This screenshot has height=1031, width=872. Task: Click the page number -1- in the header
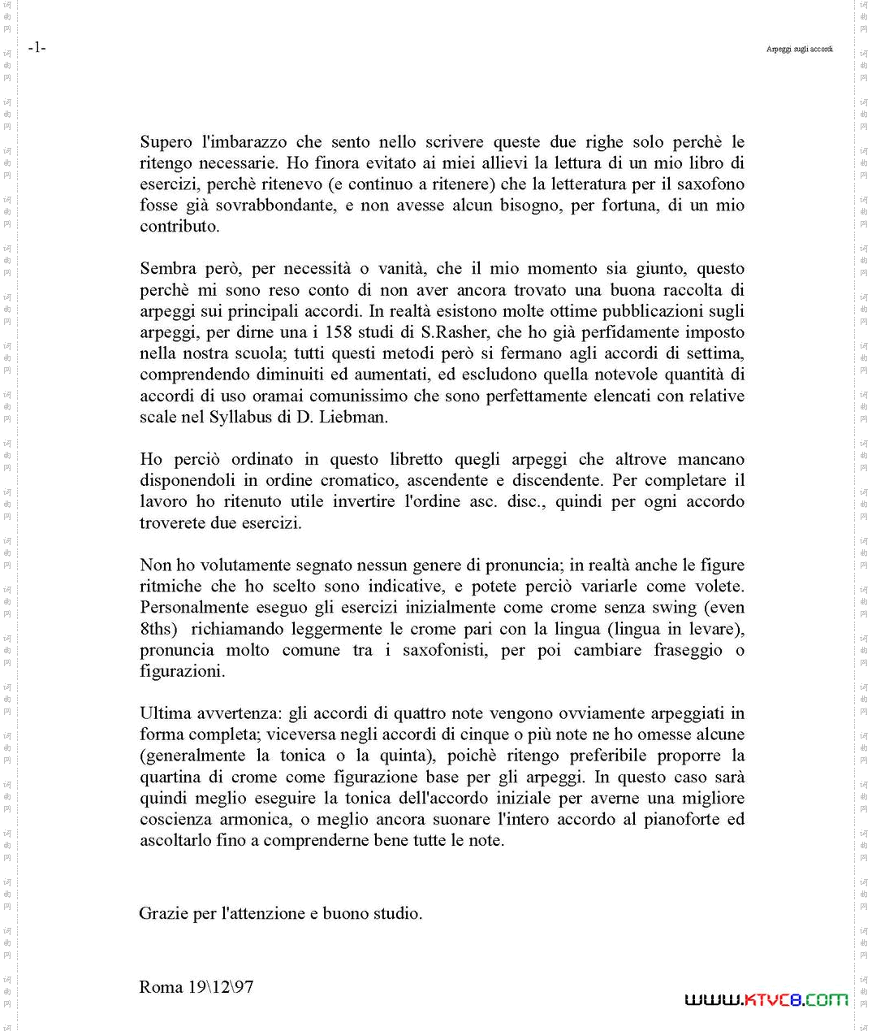point(37,48)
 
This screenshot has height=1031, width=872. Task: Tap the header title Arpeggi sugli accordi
point(799,50)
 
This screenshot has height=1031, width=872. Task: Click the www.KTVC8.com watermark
point(766,999)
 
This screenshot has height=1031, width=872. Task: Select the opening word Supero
point(166,142)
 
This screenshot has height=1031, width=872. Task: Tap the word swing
point(674,608)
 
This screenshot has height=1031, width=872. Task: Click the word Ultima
point(165,713)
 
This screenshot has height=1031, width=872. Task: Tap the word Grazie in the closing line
point(163,913)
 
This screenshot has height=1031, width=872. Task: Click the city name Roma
point(161,987)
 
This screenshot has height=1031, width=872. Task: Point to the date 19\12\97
point(221,987)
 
